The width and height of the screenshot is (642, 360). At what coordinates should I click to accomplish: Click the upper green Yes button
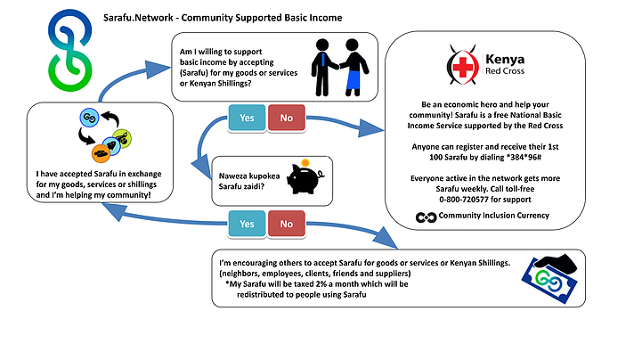point(247,117)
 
